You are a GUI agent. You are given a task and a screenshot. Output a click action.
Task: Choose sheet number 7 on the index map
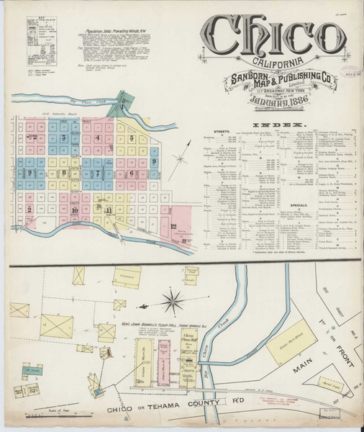(97, 173)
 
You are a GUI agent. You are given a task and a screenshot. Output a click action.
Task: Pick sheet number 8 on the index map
(63, 173)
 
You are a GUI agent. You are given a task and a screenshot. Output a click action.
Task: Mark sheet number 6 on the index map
(131, 173)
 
